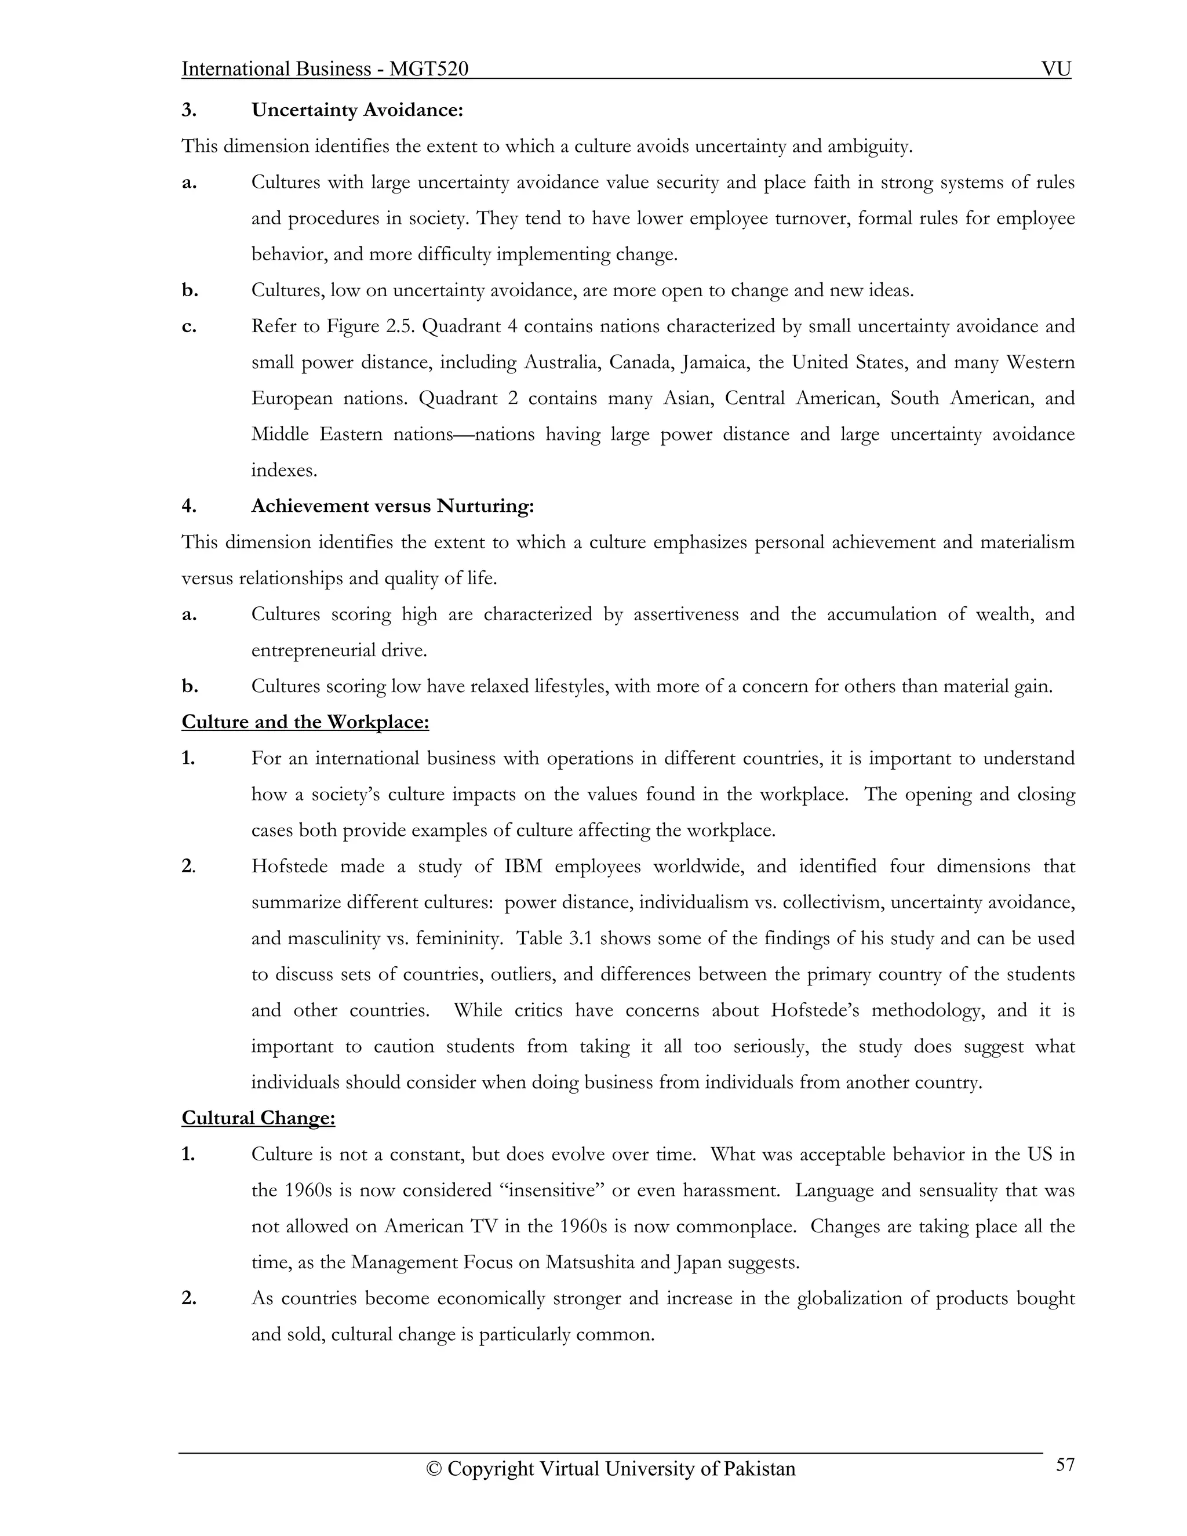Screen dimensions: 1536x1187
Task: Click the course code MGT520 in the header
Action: pos(429,69)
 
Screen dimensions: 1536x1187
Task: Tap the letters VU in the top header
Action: pos(1055,69)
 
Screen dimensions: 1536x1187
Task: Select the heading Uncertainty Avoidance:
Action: pos(357,110)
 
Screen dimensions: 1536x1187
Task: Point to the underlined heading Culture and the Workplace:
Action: pos(305,722)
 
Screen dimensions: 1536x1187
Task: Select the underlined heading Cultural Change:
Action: pos(258,1118)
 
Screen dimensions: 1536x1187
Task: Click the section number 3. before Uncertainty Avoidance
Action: pos(188,110)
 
